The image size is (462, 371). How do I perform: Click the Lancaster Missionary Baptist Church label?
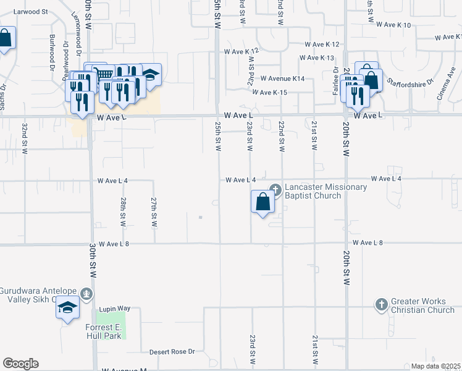[325, 191]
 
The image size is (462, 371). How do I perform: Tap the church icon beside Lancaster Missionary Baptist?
[275, 190]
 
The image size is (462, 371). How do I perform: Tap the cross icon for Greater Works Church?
[381, 304]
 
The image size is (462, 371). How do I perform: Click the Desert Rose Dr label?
[172, 352]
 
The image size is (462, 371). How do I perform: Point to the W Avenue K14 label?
[282, 79]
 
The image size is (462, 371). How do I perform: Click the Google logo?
[20, 364]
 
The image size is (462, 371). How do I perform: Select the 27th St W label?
[154, 211]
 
